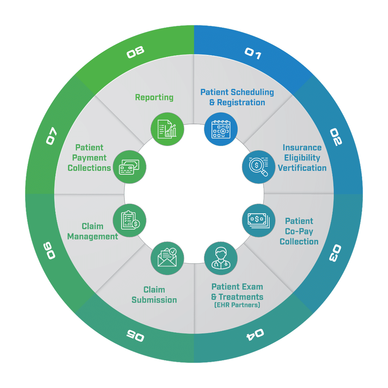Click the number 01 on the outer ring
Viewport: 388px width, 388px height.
(253, 54)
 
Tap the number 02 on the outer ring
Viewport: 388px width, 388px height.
(336, 137)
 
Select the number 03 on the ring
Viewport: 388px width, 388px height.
(335, 253)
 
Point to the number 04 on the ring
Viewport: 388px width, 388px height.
(255, 334)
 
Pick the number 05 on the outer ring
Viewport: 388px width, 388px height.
(135, 335)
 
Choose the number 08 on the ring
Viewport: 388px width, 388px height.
(135, 53)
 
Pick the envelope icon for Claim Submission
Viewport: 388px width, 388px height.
(167, 258)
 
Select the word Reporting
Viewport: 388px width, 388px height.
(154, 97)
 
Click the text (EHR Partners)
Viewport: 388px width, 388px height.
(237, 305)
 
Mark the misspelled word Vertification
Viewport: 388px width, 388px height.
(302, 168)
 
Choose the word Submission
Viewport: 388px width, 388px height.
(154, 300)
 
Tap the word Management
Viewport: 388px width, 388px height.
(92, 237)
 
